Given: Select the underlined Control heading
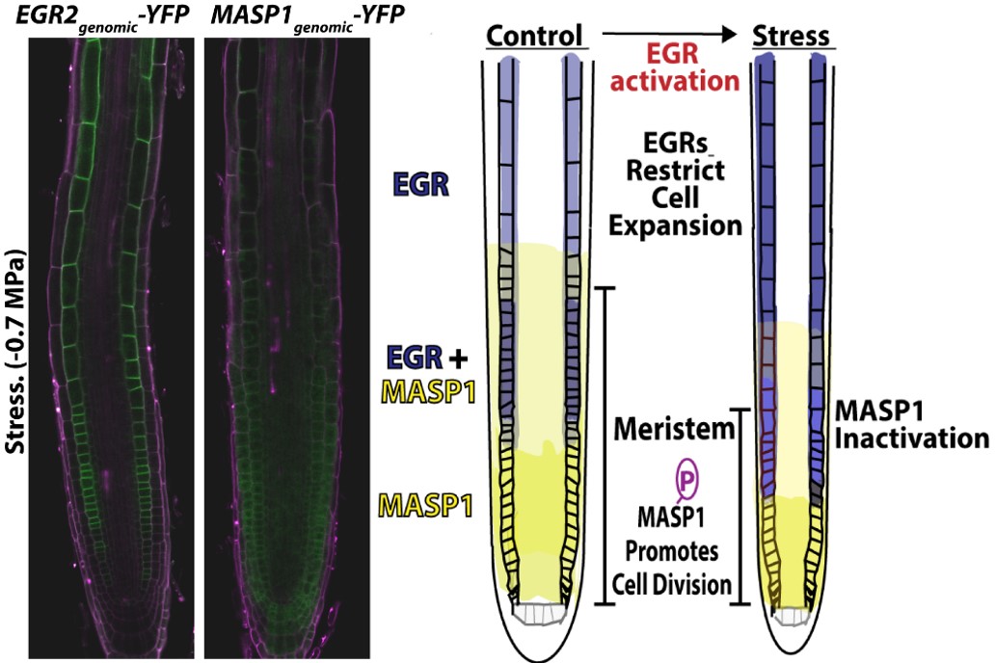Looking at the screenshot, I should (536, 37).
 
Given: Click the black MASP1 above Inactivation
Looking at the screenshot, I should (873, 412).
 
